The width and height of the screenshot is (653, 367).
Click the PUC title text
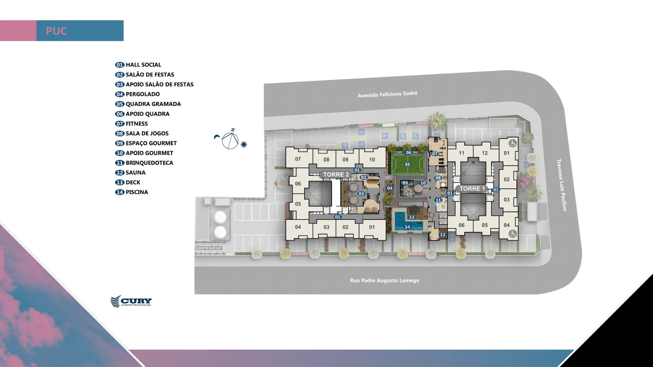pos(56,31)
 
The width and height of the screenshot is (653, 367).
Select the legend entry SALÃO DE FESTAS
pos(144,74)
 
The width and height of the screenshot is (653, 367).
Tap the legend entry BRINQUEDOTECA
pos(144,163)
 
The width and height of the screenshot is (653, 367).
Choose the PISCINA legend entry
pos(131,192)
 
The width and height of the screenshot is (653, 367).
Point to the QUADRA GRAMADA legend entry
pos(148,104)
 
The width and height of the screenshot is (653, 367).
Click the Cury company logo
pos(131,301)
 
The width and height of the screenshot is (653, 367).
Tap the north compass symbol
pos(230,139)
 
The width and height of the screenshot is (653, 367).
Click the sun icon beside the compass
pos(244,144)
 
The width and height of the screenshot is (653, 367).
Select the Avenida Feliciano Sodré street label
pos(387,94)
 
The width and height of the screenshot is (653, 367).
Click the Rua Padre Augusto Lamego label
pos(384,280)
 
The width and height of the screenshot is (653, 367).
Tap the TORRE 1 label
pos(472,188)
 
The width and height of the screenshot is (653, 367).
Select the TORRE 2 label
pos(336,175)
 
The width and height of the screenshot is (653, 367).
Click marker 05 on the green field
pos(407,164)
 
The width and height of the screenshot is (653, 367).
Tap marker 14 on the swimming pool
pos(407,227)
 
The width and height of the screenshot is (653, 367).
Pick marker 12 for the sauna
pos(443,234)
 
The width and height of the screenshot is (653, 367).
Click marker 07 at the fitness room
pos(435,154)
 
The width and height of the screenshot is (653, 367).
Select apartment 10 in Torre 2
pos(372,160)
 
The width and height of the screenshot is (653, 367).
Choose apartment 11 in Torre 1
pos(461,153)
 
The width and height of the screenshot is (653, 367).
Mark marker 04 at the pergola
pos(390,188)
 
